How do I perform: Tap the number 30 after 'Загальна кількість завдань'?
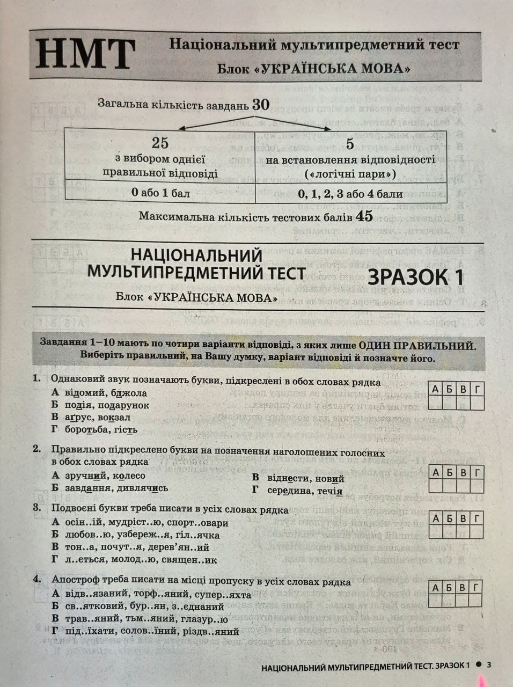(261, 104)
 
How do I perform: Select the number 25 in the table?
(160, 143)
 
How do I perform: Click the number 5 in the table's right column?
(350, 144)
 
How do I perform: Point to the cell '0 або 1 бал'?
(160, 193)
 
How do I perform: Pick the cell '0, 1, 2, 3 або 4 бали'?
(350, 194)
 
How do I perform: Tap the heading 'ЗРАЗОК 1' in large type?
(415, 277)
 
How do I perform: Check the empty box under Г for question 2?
(477, 486)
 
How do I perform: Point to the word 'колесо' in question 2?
(129, 476)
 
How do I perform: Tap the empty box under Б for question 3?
(449, 532)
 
